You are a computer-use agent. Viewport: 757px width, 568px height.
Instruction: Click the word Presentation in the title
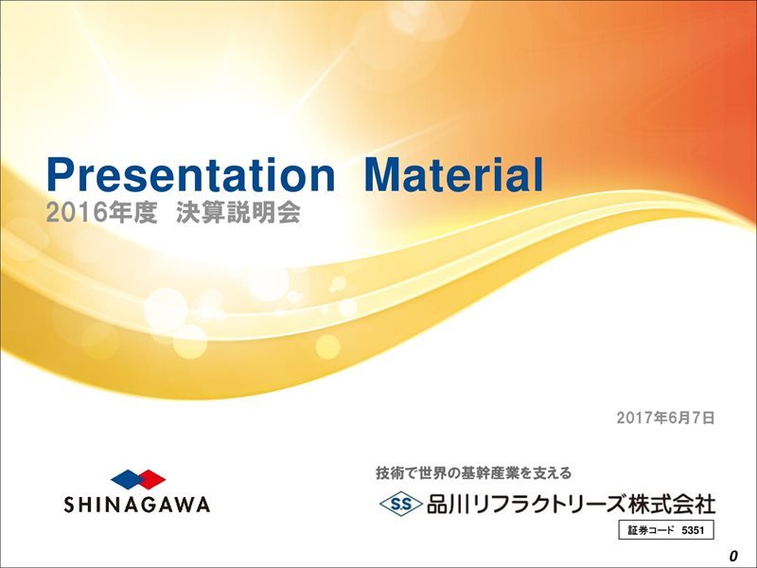(x=191, y=175)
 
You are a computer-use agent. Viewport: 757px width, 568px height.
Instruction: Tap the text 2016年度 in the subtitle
(x=101, y=213)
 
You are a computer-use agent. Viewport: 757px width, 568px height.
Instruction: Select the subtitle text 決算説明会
(x=238, y=213)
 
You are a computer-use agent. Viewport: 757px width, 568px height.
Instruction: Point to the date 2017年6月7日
(x=665, y=417)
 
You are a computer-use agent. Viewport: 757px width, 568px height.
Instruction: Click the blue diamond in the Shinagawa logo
(x=128, y=479)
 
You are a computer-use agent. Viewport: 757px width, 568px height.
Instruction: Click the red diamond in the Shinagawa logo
(x=150, y=479)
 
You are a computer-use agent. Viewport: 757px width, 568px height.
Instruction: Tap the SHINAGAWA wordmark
(x=137, y=505)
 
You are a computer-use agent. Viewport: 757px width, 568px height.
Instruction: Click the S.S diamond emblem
(x=400, y=505)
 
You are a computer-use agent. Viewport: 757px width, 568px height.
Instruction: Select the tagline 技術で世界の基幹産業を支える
(x=474, y=472)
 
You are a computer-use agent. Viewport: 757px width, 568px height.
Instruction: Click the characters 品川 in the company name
(x=447, y=505)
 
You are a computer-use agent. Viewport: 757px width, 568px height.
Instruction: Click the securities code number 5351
(x=693, y=530)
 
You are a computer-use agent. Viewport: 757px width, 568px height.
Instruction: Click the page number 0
(x=734, y=556)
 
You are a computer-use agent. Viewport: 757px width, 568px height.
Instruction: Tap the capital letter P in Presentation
(x=61, y=175)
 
